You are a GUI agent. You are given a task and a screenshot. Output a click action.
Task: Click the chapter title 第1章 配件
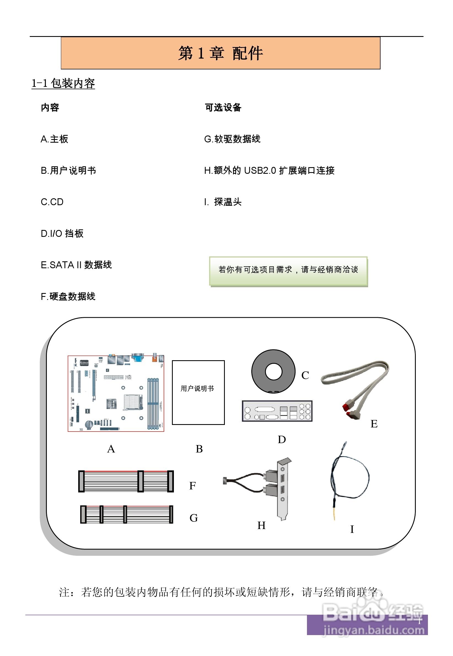pos(220,53)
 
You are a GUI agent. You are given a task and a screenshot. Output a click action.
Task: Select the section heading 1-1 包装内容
pos(63,83)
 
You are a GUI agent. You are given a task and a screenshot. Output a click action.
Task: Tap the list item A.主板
pos(54,139)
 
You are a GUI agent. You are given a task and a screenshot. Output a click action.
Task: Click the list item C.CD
pos(52,202)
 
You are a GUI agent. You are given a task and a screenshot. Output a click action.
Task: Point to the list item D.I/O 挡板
pos(62,234)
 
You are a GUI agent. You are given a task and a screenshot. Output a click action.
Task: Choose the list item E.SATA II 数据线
pos(76,265)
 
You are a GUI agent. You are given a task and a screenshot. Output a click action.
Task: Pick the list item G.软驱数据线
pos(232,139)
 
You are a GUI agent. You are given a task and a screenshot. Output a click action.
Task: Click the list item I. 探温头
pos(223,202)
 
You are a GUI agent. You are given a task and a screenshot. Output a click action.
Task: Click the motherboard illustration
pos(116,393)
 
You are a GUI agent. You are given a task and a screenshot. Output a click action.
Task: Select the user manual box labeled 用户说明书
pos(198,392)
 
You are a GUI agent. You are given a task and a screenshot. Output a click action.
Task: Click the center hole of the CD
pos(273,371)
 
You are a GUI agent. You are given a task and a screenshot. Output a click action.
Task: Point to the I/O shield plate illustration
pos(277,411)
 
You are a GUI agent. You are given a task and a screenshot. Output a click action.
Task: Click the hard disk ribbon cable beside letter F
pos(126,481)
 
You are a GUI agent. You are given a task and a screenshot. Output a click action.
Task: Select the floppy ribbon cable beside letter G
pos(126,514)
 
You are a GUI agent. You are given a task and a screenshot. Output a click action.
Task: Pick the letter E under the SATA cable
pos(374,424)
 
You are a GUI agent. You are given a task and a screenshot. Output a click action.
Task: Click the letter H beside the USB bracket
pos(261,525)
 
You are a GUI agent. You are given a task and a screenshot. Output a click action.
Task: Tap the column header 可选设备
pos(223,107)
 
